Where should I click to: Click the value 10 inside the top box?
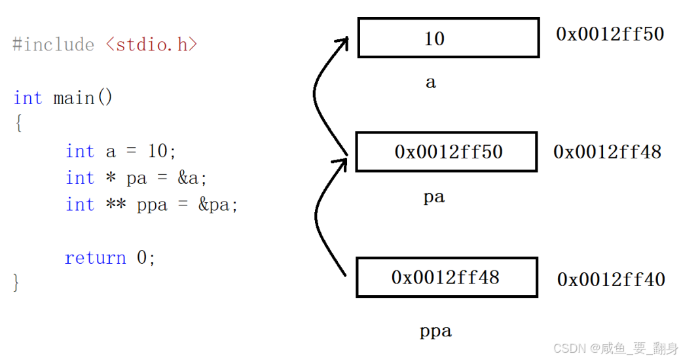434,39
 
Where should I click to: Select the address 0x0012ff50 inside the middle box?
449,152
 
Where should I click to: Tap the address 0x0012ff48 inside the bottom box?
445,278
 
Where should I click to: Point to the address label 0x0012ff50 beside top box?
610,34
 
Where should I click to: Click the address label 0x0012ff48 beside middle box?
607,152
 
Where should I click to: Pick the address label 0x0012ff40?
611,279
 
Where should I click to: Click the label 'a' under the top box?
430,82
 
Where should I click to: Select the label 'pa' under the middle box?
433,197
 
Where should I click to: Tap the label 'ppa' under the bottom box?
435,331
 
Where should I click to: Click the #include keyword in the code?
53,45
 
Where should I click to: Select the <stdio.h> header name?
151,45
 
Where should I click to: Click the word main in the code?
74,98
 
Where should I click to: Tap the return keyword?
95,258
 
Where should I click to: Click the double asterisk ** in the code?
116,205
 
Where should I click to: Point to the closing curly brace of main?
17,283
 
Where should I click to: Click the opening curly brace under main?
18,124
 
